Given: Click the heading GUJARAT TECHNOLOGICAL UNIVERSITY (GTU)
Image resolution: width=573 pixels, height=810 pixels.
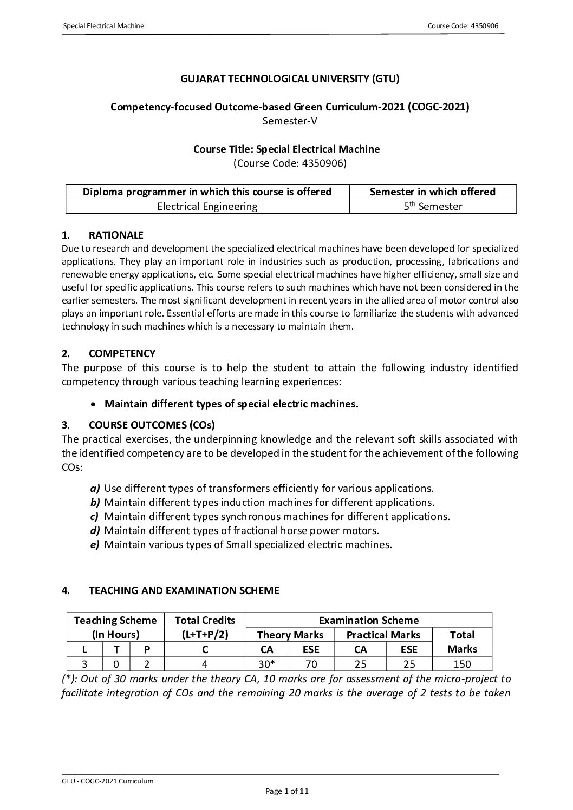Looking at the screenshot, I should coord(290,79).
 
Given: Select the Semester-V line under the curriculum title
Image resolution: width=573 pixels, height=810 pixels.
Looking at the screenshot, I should coord(290,121).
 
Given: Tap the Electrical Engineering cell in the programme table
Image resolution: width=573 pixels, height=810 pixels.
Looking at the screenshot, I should coord(207,206).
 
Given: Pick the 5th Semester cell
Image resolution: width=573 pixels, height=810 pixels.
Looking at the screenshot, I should coord(433,206).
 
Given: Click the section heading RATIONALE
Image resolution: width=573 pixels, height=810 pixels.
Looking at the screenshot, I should coord(116,235).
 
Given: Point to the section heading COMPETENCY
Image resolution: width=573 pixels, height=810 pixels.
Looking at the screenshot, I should coord(122,353).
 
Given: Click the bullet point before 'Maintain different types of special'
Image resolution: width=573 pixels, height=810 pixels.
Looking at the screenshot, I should coord(95,404).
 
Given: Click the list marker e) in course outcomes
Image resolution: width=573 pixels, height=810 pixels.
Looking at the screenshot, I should coord(95,544).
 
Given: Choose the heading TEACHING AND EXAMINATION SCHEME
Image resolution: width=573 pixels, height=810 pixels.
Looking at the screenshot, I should coord(184,590).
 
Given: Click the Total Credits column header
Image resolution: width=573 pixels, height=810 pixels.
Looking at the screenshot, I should coord(205,620).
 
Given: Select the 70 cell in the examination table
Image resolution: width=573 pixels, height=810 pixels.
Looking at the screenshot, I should coord(311,664).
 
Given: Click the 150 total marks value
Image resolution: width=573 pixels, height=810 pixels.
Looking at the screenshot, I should coord(462,664).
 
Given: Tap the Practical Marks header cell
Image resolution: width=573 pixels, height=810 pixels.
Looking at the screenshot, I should coord(383,635).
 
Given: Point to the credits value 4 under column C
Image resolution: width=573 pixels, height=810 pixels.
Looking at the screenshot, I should coord(205,664).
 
